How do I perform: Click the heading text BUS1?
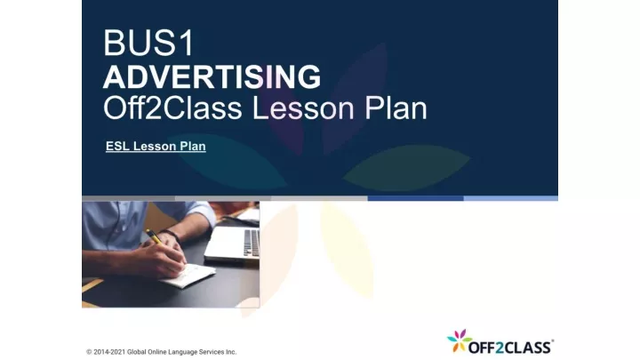[148, 43]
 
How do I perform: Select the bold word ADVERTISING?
[212, 76]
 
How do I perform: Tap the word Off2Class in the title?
[172, 108]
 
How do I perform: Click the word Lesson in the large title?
[303, 108]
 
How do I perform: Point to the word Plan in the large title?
[396, 108]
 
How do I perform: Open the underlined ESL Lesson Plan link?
[156, 146]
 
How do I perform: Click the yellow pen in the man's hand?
[155, 236]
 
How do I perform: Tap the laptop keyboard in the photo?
[252, 243]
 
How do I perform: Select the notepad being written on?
[188, 275]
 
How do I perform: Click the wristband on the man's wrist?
[172, 235]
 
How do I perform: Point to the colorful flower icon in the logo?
[460, 340]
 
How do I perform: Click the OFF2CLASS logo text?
[510, 348]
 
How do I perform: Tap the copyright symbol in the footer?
[89, 352]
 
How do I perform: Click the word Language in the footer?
[182, 352]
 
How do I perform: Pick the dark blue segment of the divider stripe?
[415, 198]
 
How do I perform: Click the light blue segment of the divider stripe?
[510, 198]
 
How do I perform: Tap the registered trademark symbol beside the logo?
[552, 340]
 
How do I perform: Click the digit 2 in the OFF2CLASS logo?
[500, 348]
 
